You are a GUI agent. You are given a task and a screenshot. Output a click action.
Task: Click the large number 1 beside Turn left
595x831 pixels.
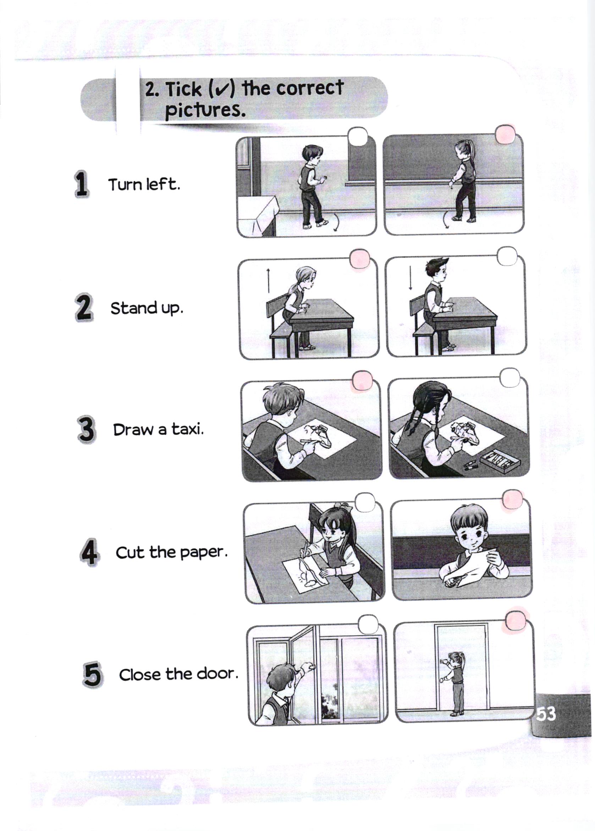pos(81,184)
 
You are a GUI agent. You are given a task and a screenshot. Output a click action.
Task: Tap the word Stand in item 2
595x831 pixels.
pos(134,308)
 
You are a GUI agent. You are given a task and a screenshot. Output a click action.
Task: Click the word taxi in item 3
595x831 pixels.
pos(188,429)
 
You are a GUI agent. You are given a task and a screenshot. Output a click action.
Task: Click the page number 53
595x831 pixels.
pos(546,714)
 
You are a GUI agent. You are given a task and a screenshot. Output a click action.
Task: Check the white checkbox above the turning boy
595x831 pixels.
pos(358,137)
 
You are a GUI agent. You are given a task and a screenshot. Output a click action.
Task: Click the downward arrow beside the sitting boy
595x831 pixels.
pos(411,278)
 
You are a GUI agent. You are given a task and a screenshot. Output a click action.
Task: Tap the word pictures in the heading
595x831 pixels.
pos(205,110)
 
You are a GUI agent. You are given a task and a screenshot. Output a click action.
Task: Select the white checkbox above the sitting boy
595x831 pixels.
pos(507,256)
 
